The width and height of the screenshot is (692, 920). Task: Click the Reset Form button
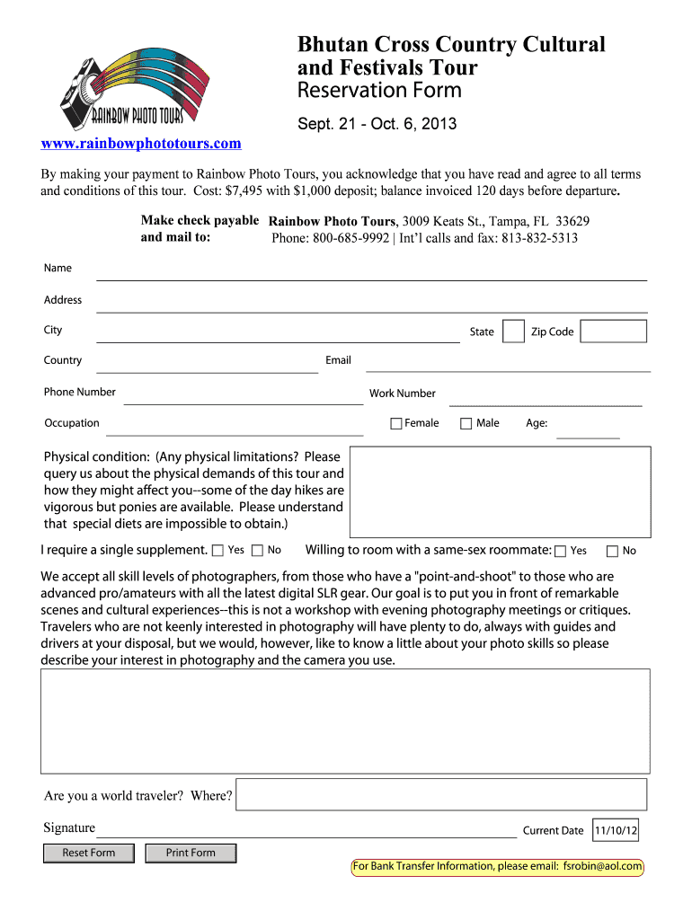coord(89,853)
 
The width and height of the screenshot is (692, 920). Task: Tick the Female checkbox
coord(396,424)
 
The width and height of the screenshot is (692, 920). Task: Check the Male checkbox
coord(466,424)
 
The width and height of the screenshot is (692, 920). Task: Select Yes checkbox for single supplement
coord(217,551)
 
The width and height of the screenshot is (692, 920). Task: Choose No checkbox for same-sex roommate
coord(613,552)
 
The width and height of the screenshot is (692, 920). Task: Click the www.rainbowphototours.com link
coord(141,144)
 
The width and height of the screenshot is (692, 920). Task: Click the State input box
coord(513,332)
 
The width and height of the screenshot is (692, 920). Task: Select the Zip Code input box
coord(613,332)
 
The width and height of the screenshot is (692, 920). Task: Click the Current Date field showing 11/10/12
coord(616,831)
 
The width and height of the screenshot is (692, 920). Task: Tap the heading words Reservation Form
coord(379,91)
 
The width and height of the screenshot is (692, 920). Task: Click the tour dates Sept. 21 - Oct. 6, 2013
coord(377,124)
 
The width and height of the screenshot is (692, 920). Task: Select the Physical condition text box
coord(500,492)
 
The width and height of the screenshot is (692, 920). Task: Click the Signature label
coord(69,827)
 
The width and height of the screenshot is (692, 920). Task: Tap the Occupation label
coord(72,423)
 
